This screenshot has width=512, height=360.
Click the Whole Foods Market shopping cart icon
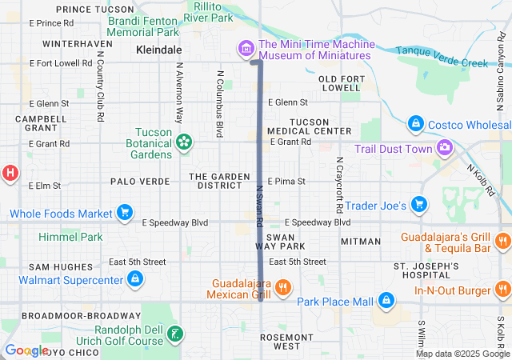124,213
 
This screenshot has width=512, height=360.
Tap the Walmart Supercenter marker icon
135,279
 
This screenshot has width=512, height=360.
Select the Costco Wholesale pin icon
415,124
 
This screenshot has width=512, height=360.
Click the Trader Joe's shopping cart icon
418,205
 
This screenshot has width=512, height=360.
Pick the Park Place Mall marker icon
386,300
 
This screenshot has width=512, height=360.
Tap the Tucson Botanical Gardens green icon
185,142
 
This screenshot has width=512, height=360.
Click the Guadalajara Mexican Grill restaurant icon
282,288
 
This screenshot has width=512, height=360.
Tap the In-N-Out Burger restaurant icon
502,289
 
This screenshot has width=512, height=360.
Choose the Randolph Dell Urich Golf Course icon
176,333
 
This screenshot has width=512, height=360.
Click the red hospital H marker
10,171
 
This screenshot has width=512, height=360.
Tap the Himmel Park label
70,238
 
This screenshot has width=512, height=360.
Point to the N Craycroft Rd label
339,179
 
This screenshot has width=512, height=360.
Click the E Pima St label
286,182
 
